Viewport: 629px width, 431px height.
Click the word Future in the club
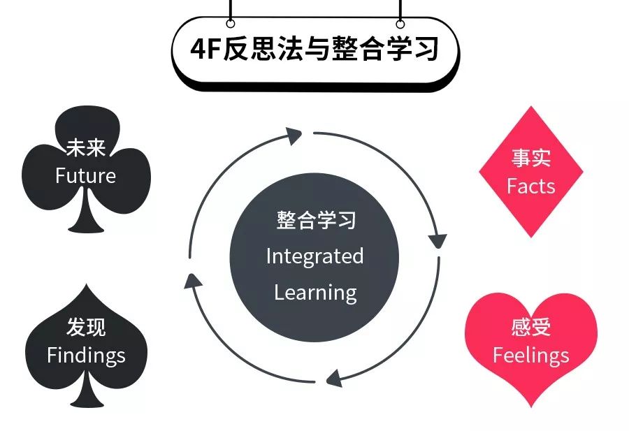pos(85,175)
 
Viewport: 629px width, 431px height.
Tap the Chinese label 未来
pos(85,149)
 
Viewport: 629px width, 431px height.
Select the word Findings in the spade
pos(86,355)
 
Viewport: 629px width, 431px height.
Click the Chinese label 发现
pos(86,327)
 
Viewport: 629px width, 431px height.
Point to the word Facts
pos(531,186)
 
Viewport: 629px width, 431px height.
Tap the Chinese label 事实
pos(531,159)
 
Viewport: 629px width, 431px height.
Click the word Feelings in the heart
pos(531,355)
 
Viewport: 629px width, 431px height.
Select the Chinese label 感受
pos(531,327)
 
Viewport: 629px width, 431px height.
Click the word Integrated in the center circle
pos(314,256)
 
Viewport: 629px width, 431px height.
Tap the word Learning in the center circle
pos(315,292)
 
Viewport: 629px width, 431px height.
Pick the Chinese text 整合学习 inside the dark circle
pos(315,221)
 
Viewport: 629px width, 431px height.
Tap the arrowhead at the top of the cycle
pos(294,135)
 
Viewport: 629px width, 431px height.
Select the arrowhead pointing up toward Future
pos(193,281)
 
